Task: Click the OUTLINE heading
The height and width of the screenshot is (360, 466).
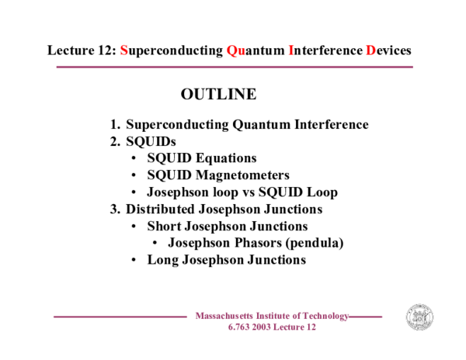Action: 218,95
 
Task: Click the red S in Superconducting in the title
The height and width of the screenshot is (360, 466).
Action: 124,50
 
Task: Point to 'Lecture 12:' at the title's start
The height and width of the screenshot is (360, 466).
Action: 82,50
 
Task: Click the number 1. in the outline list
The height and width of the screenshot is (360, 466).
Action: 115,125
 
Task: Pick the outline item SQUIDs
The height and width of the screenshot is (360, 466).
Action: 151,142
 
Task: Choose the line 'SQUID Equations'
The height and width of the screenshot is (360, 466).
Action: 201,158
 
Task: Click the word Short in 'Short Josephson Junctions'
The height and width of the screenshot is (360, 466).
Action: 165,227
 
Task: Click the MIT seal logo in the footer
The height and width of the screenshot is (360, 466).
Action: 419,317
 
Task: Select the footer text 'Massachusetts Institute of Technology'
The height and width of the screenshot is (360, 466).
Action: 272,316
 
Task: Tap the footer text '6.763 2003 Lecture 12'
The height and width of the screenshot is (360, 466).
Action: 272,327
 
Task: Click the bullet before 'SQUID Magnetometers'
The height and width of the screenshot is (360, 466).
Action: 136,175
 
